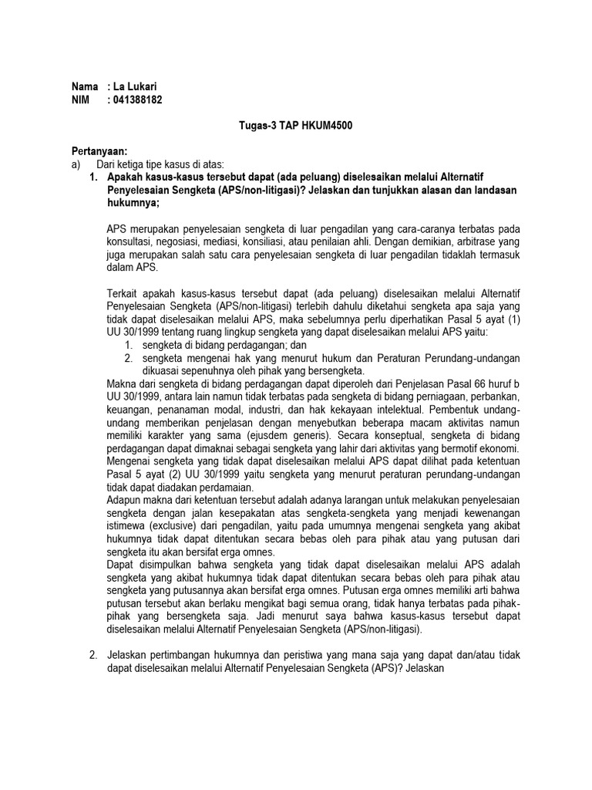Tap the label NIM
click(x=80, y=100)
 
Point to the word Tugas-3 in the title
click(x=257, y=126)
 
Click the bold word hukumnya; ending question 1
click(x=132, y=203)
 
